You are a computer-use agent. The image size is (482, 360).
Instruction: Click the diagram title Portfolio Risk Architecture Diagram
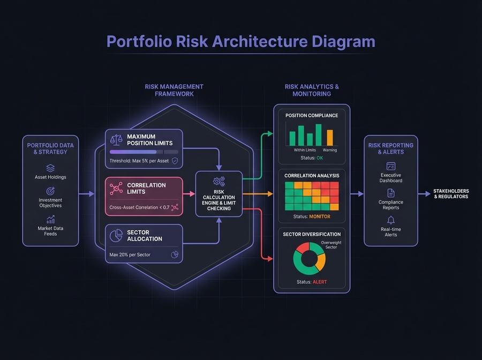[240, 42]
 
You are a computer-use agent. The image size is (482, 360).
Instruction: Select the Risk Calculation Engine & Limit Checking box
[219, 194]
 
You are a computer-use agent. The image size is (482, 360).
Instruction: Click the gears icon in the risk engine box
[219, 181]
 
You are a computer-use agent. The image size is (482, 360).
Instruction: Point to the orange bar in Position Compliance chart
[330, 138]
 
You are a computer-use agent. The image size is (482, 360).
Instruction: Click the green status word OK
[320, 157]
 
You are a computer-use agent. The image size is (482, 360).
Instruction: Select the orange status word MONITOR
[319, 216]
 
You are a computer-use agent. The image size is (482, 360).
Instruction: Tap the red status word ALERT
[319, 282]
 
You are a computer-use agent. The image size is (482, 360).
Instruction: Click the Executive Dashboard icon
[391, 166]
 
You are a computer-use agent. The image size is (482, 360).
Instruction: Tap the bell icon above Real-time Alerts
[391, 220]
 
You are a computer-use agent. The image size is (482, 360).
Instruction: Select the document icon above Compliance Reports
[391, 193]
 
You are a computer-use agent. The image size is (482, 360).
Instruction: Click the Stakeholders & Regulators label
[451, 194]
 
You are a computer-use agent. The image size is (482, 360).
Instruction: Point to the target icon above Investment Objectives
[50, 191]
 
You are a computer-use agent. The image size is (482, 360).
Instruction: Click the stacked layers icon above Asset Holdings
[50, 168]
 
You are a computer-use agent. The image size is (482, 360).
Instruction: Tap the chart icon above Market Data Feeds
[50, 219]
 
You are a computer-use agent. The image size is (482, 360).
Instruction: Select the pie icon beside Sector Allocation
[116, 236]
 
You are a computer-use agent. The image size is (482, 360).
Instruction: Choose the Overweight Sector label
[331, 245]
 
